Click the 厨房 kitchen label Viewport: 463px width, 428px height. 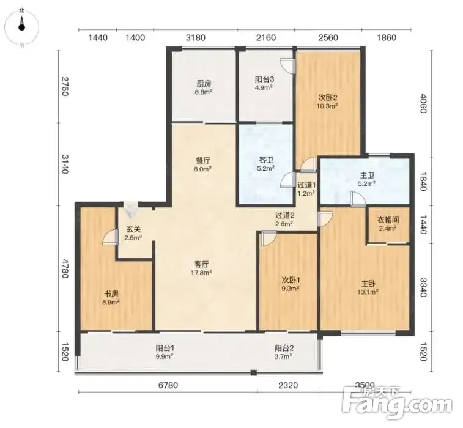click(204, 84)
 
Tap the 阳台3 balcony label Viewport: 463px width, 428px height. click(264, 79)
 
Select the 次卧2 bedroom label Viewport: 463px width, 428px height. click(327, 97)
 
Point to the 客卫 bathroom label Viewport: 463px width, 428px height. click(266, 160)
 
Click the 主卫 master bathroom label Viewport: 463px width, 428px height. click(367, 175)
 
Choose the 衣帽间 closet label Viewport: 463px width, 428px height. click(388, 220)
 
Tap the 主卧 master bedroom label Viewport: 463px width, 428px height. click(368, 284)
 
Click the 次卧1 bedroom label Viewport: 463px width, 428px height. click(291, 280)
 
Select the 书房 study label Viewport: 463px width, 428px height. click(111, 294)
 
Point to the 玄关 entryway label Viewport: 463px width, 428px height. click(133, 229)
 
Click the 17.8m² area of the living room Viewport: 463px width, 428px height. click(201, 273)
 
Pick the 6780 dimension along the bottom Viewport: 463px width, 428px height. click(168, 385)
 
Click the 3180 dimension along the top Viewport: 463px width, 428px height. click(196, 38)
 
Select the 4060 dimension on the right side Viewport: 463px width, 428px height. click(423, 103)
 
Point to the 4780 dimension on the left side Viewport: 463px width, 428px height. click(65, 268)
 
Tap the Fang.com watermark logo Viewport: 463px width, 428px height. click(397, 404)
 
